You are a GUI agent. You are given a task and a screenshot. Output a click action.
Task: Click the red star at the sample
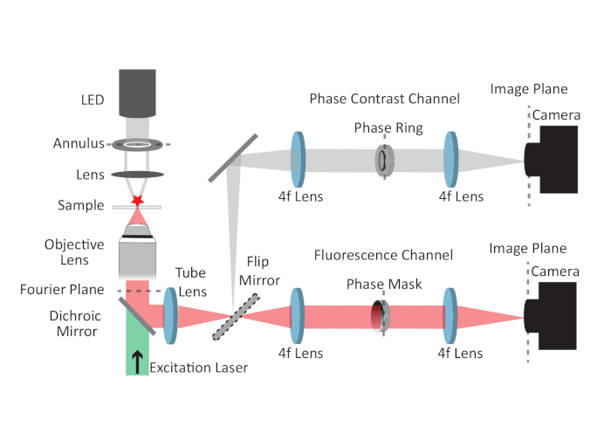coord(137,201)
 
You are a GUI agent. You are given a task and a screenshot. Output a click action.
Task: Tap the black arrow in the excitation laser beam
coord(137,361)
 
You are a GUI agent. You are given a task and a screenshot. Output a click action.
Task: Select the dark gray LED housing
coord(137,93)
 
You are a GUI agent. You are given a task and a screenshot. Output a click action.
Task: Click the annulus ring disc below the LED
coord(137,145)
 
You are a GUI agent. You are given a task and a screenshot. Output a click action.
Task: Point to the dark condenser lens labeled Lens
coord(137,175)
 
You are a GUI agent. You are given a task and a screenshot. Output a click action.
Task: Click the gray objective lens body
coord(137,252)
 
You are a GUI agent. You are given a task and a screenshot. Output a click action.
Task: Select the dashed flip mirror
coord(237,317)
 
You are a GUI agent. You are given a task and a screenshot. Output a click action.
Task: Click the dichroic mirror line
coord(137,316)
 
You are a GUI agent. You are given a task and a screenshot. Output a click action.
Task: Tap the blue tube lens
coord(170,316)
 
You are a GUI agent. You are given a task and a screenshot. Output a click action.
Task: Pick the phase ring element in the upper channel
coord(385,160)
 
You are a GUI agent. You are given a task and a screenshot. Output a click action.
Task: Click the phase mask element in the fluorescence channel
coord(381,316)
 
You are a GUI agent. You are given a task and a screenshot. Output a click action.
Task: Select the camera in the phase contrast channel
coord(551,160)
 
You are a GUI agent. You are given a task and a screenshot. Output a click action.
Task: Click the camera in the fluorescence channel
coord(550,316)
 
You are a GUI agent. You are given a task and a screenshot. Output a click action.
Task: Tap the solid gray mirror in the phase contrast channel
coord(233,158)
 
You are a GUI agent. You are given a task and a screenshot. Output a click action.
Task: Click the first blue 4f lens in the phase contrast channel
coord(299,160)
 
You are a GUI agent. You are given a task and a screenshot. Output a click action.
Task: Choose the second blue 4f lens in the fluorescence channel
coord(450,316)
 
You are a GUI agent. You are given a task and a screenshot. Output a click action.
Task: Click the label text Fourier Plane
coord(62,290)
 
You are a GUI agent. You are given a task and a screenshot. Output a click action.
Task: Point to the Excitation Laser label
coord(199,368)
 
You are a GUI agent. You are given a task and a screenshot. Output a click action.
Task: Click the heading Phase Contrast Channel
coord(385,99)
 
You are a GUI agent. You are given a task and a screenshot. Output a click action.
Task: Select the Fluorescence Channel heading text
coord(383,255)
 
